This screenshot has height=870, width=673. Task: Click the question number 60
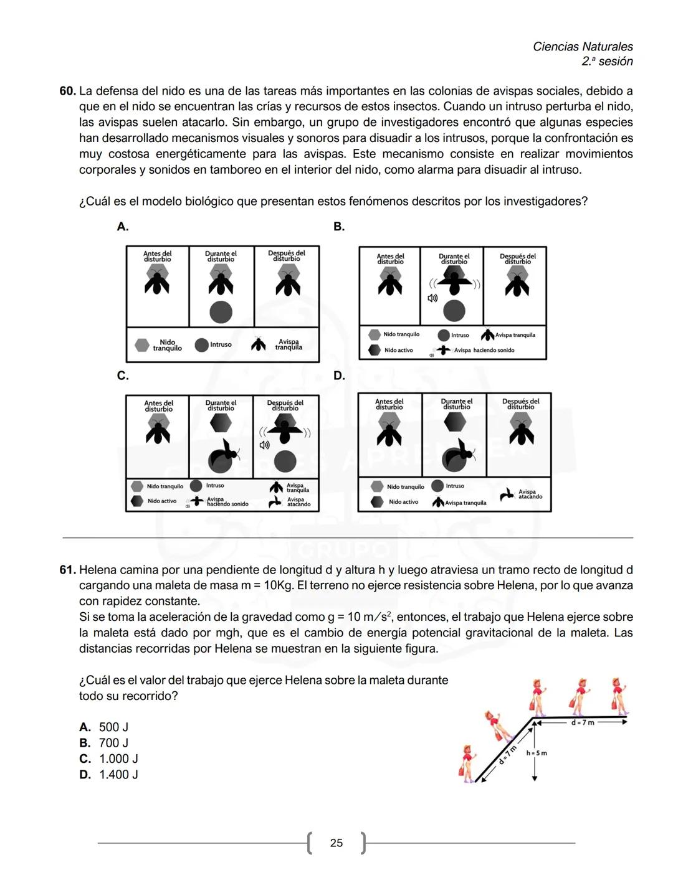click(67, 91)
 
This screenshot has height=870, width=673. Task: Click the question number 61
click(67, 570)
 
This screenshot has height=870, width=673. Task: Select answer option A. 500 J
click(104, 727)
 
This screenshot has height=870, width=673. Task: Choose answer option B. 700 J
click(104, 743)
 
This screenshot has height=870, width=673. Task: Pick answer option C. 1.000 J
click(109, 759)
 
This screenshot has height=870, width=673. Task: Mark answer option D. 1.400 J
click(109, 775)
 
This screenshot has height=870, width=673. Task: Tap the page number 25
click(336, 843)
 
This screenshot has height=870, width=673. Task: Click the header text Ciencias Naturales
click(583, 47)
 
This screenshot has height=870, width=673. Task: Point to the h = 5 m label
click(537, 753)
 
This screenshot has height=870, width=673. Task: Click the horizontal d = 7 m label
click(583, 722)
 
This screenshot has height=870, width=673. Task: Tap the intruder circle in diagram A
click(221, 312)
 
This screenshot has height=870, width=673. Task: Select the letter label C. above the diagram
click(123, 376)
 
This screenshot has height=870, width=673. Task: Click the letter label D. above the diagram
click(339, 376)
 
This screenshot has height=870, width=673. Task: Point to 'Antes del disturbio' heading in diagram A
click(158, 256)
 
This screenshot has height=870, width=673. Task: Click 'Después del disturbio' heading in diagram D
click(520, 404)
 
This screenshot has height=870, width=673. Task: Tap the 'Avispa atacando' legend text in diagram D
click(530, 494)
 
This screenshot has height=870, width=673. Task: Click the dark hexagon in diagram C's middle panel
click(221, 423)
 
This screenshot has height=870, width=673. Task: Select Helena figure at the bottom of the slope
click(467, 762)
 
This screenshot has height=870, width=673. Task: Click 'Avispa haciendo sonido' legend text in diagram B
click(484, 350)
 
